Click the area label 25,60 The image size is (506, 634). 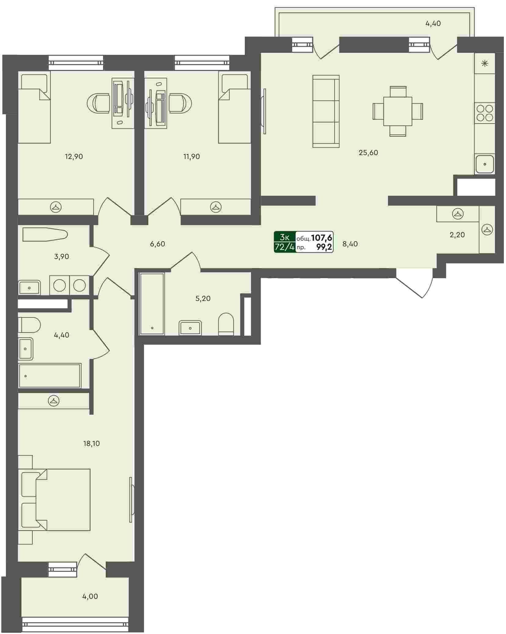point(368,152)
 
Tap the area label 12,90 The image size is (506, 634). point(74,157)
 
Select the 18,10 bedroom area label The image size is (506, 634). point(91,443)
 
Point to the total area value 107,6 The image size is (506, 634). point(322,237)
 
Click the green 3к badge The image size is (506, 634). point(285,237)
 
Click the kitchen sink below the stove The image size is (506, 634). point(485,164)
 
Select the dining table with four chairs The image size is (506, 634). point(398,111)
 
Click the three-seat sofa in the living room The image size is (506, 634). point(326,111)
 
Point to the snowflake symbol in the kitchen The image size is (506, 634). point(485,64)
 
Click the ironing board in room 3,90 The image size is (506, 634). point(45,235)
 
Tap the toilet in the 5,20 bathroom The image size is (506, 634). point(226,324)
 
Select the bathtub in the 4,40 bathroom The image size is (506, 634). point(50,376)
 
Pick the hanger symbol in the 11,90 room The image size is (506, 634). point(216,207)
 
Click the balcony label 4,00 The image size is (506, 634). point(90,596)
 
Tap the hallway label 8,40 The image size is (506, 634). point(350,244)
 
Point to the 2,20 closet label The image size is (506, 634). point(457,235)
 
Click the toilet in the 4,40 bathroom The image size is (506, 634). point(29,324)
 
